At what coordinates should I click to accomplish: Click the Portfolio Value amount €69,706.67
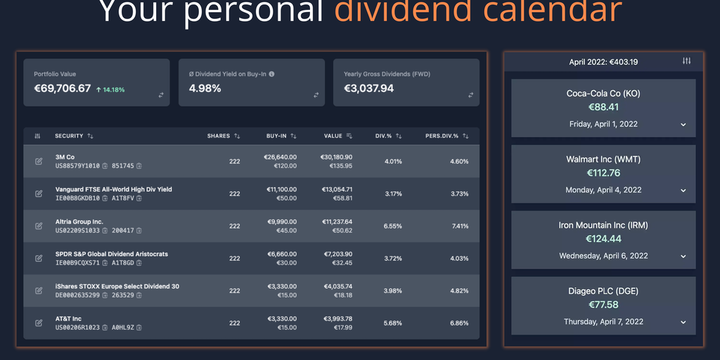(63, 89)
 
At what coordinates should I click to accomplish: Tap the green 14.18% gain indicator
(110, 90)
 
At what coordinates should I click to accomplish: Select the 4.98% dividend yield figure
(205, 89)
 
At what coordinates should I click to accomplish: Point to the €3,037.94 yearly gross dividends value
(368, 89)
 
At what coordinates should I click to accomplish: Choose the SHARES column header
(218, 136)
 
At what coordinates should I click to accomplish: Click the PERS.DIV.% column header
(442, 136)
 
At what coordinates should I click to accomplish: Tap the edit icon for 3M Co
(39, 161)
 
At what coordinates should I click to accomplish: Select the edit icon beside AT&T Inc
(39, 323)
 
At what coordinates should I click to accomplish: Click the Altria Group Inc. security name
(79, 221)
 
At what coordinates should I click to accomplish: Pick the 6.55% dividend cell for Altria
(393, 226)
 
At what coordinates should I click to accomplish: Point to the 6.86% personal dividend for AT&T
(459, 323)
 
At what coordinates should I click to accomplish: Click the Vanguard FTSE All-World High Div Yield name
(113, 189)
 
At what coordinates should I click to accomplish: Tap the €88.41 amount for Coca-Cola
(603, 107)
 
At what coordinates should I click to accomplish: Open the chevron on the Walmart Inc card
(683, 190)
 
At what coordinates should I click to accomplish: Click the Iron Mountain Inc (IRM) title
(603, 226)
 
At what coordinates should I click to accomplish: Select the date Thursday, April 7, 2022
(603, 322)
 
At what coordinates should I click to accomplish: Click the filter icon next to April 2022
(687, 61)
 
